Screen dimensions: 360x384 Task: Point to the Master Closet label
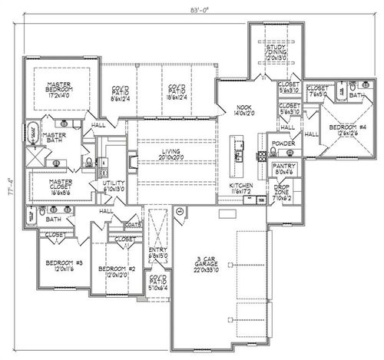[55, 185]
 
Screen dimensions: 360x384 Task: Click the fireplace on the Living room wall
[132, 161]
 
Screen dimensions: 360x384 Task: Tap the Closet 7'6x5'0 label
[316, 88]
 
